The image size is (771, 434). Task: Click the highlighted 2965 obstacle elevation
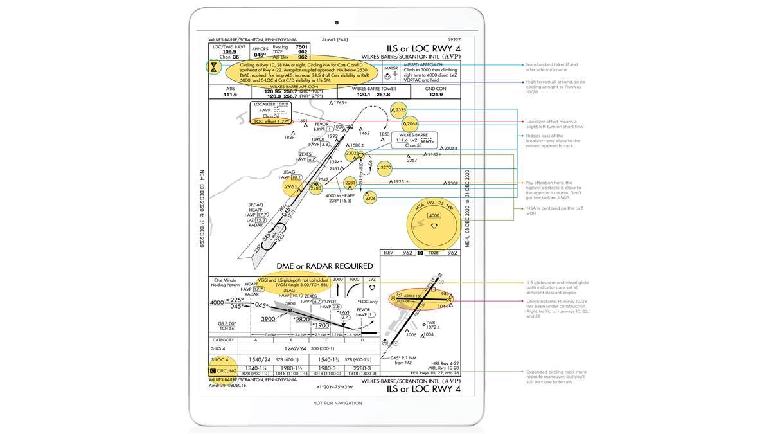coord(291,187)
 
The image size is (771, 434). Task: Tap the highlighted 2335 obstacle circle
coord(399,110)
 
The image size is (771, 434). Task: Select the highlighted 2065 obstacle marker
coord(410,124)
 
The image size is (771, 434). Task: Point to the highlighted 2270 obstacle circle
coord(384,168)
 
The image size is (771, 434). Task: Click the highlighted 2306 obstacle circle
coord(371,199)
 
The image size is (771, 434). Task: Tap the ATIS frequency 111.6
coord(230,94)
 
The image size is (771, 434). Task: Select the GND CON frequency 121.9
coord(436,94)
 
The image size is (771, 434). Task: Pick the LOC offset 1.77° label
coord(272,121)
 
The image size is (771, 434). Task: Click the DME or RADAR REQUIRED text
coord(324,266)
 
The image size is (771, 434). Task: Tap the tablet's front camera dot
coord(337,23)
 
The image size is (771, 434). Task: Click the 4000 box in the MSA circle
coord(434,216)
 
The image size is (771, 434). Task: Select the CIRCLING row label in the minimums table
coord(224,371)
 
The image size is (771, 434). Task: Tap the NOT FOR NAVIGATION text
coord(337,403)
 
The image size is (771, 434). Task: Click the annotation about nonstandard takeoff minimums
coord(551,67)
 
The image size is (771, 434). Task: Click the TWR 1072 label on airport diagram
coord(432,325)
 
